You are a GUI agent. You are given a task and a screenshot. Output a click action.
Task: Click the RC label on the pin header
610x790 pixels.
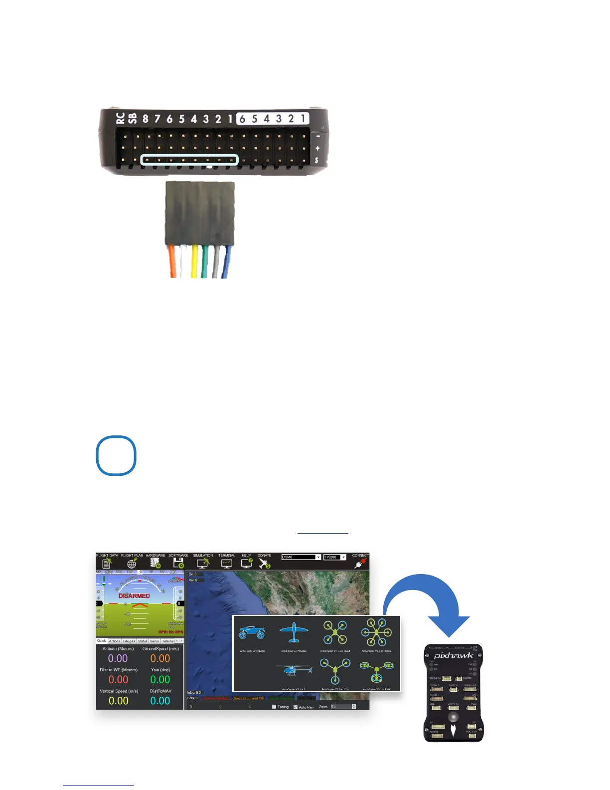click(x=120, y=118)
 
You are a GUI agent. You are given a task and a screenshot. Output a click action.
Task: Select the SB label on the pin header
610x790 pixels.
click(x=132, y=118)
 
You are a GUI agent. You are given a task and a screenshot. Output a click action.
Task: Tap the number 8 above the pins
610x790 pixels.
click(x=145, y=119)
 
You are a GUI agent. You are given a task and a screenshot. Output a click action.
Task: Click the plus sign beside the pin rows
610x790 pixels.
click(x=317, y=148)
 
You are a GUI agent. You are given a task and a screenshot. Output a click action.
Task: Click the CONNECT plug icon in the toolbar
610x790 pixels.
click(x=360, y=564)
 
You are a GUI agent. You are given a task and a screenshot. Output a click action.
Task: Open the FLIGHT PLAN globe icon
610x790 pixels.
click(x=132, y=564)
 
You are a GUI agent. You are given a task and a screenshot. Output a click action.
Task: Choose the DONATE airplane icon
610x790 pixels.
click(x=264, y=564)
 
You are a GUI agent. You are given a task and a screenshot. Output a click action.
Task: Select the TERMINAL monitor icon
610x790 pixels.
click(x=227, y=564)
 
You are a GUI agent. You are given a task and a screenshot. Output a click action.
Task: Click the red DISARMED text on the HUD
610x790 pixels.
click(x=134, y=595)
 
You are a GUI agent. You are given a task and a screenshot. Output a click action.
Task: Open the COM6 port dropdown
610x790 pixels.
click(x=318, y=557)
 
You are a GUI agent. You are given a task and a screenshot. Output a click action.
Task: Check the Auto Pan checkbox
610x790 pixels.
click(x=296, y=707)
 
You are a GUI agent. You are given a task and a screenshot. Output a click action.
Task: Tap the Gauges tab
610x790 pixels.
click(x=129, y=641)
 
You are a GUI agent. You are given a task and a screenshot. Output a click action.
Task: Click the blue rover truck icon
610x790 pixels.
click(x=252, y=633)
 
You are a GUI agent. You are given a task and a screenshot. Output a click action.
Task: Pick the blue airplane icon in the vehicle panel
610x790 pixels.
click(x=294, y=633)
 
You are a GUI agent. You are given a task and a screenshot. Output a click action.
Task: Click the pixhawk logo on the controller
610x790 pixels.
click(x=454, y=655)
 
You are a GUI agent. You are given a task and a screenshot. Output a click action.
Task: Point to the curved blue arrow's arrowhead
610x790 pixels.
click(x=449, y=626)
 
